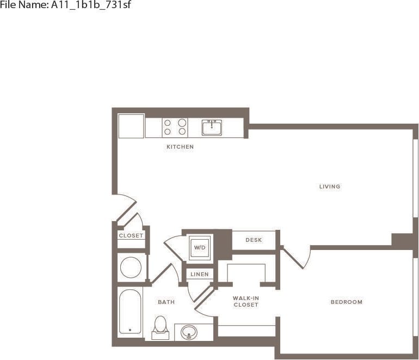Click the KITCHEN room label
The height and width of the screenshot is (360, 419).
180,147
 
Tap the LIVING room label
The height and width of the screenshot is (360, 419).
330,187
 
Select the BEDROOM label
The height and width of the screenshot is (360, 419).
346,302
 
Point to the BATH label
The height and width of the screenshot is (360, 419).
166,302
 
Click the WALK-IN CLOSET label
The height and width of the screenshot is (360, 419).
245,302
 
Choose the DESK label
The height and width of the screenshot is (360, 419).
254,240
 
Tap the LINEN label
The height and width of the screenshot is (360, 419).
200,274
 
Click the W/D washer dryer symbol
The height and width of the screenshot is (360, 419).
200,248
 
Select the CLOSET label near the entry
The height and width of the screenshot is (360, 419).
131,236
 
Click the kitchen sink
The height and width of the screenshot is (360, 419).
212,127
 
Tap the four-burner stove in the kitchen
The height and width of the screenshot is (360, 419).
175,127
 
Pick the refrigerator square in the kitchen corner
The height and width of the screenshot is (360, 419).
131,126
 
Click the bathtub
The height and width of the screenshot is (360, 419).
130,312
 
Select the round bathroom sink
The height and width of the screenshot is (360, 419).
189,332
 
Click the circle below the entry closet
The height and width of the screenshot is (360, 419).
131,267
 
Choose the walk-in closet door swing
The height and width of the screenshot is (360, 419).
204,302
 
